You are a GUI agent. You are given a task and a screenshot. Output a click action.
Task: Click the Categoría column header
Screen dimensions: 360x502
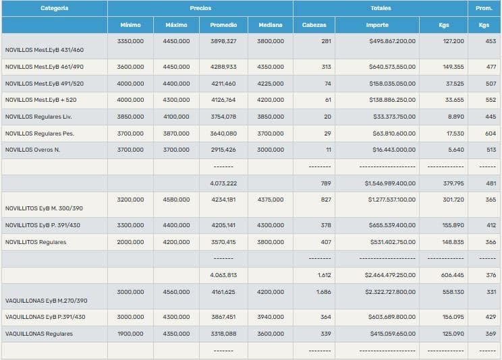54,8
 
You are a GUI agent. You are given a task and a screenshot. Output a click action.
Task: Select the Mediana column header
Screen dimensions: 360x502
271,25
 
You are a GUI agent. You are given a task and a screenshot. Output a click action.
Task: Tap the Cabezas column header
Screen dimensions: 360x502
314,25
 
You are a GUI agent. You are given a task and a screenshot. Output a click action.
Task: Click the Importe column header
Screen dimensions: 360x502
377,25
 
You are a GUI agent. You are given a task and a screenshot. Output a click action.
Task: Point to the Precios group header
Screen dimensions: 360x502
200,8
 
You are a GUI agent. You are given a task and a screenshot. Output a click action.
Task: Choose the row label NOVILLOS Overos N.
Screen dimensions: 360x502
32,150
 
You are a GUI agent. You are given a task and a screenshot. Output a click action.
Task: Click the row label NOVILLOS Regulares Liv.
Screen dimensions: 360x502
39,117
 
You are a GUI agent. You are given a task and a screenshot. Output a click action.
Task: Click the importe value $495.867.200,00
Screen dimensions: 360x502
393,41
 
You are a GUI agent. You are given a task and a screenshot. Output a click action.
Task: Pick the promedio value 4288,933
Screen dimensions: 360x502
223,67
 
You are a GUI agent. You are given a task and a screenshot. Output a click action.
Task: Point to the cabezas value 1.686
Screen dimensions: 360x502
323,292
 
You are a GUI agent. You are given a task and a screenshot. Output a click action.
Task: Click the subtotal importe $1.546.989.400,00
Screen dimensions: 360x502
390,183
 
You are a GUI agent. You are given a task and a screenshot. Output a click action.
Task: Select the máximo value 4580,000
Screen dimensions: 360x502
176,200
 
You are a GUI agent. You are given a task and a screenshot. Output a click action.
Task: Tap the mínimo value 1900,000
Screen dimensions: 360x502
130,334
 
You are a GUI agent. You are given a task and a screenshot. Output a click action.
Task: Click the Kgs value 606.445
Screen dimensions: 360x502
450,275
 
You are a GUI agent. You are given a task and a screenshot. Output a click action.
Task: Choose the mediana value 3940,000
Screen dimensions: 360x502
271,317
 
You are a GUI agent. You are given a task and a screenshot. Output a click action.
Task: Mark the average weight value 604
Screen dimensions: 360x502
491,133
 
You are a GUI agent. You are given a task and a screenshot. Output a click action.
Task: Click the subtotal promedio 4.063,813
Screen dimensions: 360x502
223,275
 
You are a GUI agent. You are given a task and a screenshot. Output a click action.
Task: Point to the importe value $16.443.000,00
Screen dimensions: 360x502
395,150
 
